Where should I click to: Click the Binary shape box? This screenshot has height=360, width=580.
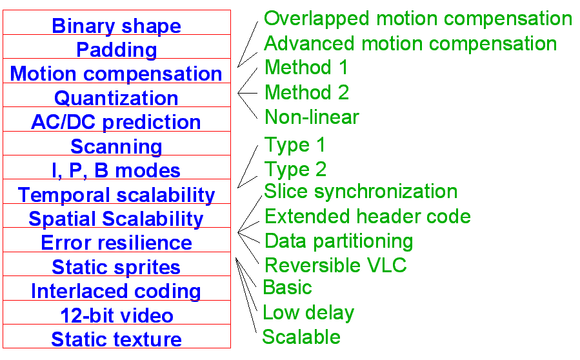coord(116,26)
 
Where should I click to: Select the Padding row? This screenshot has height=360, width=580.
coord(116,50)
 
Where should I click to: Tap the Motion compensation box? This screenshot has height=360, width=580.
coord(116,74)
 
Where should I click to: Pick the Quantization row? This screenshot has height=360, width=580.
coord(116,98)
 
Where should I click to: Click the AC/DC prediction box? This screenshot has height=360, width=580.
coord(116,122)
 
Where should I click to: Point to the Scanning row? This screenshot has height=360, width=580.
coord(116,146)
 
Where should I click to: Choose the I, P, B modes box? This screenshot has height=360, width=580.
coord(116,170)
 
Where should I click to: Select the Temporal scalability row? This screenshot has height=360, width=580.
coord(116,195)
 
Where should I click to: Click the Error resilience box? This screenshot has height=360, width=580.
coord(116,243)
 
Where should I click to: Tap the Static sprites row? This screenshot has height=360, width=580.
coord(116,267)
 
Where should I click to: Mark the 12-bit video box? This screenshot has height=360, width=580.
coord(116,315)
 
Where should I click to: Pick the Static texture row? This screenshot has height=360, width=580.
coord(116,339)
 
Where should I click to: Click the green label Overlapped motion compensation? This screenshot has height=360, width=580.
coord(418,18)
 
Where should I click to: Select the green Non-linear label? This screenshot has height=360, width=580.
coord(312,117)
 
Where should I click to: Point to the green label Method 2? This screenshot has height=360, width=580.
coord(306,92)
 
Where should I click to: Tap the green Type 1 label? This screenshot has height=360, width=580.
coord(295,145)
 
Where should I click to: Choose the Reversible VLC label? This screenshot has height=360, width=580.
coord(335,265)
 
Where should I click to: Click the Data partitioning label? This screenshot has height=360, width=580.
coord(339,241)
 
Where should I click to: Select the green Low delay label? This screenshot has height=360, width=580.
coord(308,313)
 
